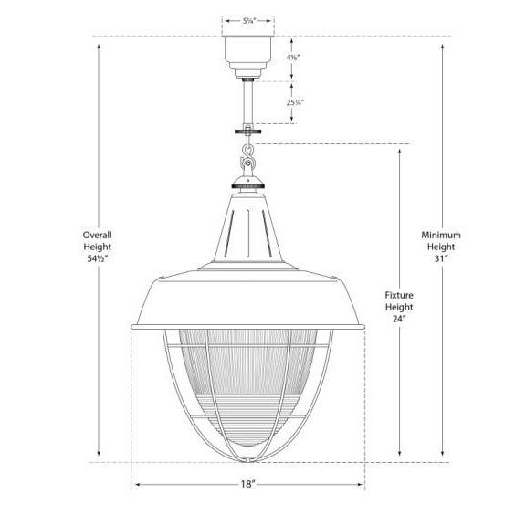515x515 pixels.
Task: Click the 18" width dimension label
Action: coord(248,484)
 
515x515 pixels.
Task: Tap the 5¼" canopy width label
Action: coord(249,21)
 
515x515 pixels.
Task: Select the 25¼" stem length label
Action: coord(295,102)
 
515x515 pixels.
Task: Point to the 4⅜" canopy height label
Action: coord(292,58)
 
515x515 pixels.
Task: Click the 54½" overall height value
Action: coord(98,258)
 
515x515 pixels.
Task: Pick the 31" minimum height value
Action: coord(441,258)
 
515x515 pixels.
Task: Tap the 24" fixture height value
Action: coord(399,319)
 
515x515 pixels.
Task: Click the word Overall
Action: coord(97,236)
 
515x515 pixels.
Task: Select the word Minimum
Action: coord(441,236)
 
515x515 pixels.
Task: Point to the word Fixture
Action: coord(399,295)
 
